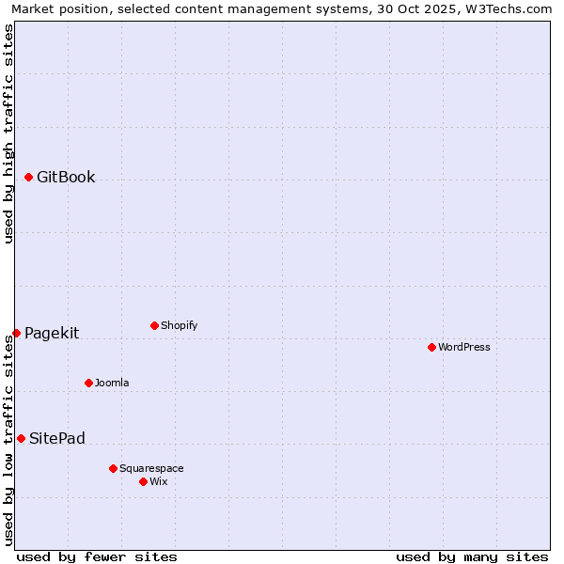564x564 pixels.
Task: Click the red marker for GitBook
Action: point(28,177)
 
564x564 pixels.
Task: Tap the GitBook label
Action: point(66,177)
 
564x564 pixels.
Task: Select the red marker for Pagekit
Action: point(16,333)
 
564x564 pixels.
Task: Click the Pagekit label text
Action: point(52,333)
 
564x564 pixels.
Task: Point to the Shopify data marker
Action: point(154,325)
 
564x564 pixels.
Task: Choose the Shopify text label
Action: point(179,325)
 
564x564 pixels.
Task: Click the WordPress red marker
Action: point(431,347)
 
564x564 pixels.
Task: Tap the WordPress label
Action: point(464,347)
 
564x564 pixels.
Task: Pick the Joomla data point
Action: point(88,383)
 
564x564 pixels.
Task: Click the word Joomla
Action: point(112,383)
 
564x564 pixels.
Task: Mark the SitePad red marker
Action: point(21,438)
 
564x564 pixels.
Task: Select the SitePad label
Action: point(57,438)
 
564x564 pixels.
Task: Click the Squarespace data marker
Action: point(113,468)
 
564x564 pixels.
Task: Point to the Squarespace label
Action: point(151,468)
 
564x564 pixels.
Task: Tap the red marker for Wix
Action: point(143,481)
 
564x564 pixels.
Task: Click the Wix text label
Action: point(159,481)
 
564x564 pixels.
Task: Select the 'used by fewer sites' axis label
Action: point(97,556)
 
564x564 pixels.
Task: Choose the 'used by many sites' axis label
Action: point(472,556)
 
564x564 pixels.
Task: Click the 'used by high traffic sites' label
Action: point(9,133)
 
